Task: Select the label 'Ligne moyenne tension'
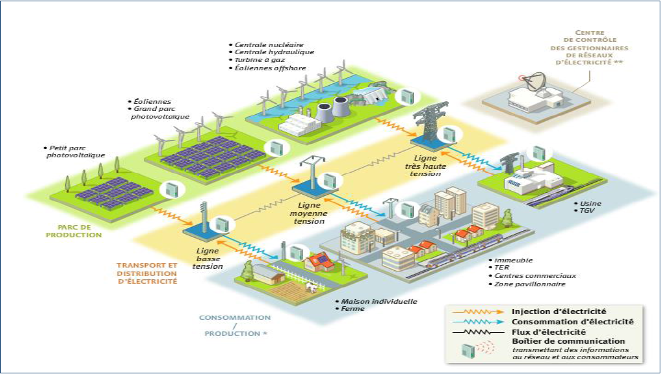click(x=308, y=213)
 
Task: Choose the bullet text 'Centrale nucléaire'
click(x=261, y=44)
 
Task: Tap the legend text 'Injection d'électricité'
click(x=558, y=311)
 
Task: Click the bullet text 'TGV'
click(x=585, y=211)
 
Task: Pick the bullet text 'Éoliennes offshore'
click(x=271, y=68)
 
